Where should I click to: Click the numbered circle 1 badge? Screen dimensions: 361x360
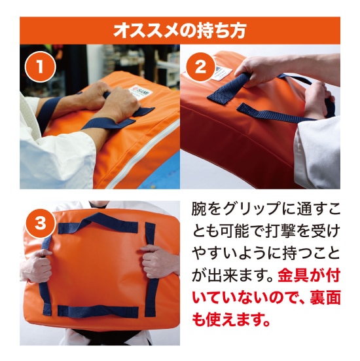click(39, 66)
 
